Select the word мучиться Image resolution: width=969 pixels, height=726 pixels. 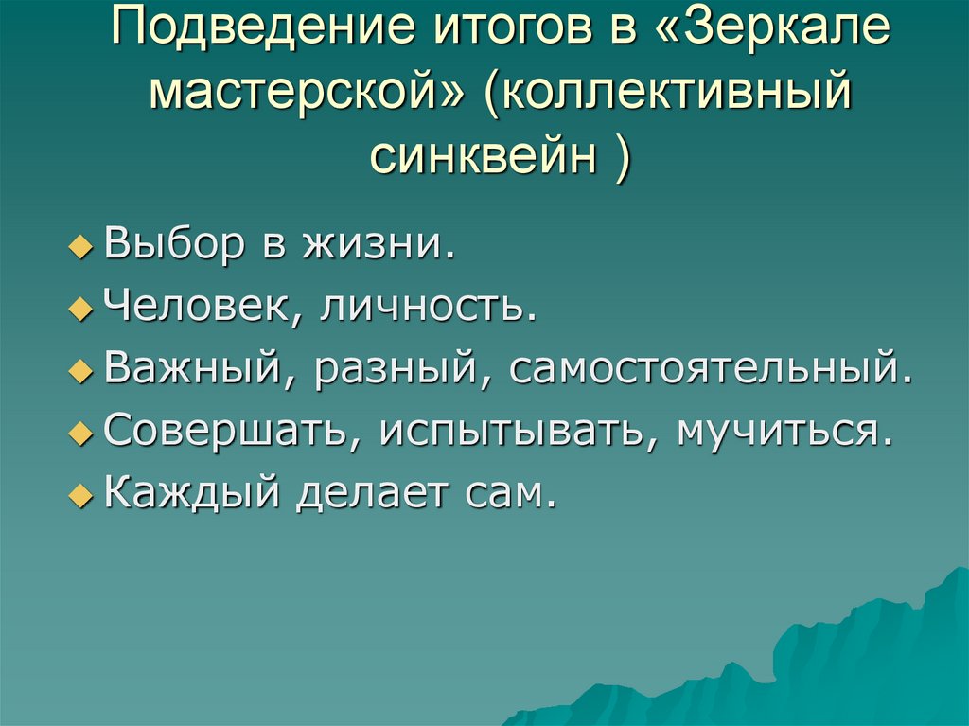coord(784,431)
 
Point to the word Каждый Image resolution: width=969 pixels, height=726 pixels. coord(191,492)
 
